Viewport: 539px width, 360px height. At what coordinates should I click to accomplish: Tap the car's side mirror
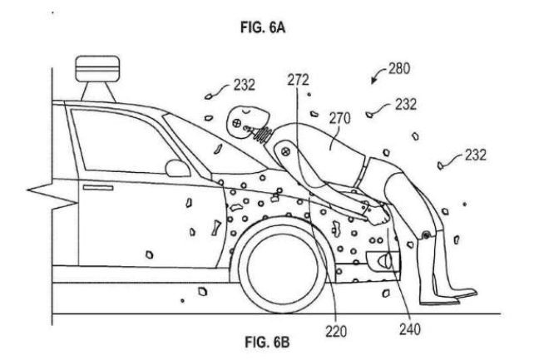pyautogui.click(x=177, y=168)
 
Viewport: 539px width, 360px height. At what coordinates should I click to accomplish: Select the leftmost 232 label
pyautogui.click(x=245, y=84)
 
